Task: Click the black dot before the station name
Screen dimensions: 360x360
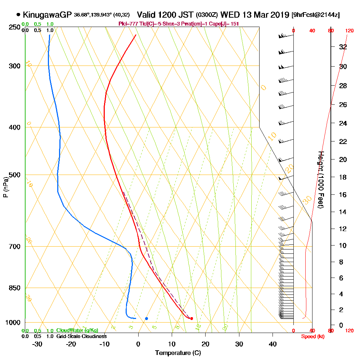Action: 18,15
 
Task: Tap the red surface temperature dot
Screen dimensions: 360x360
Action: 192,318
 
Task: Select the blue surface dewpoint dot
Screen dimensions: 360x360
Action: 147,318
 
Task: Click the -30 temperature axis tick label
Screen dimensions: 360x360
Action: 37,344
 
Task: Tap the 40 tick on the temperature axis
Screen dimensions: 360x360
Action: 273,344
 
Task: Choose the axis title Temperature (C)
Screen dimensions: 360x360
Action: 178,353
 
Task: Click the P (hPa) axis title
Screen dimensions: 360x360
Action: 5,187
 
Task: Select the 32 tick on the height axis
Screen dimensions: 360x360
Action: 343,47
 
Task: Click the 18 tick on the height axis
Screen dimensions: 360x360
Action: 343,177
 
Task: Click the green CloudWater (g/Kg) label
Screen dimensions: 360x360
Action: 77,330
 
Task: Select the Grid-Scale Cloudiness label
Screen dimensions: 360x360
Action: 81,336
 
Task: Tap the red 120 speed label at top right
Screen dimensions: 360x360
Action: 349,31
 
